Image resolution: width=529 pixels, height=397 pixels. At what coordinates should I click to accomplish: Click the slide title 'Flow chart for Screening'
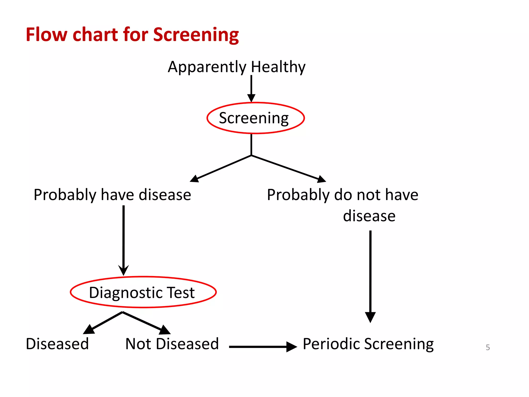tap(132, 35)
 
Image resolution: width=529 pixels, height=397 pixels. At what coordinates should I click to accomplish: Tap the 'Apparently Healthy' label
tap(236, 67)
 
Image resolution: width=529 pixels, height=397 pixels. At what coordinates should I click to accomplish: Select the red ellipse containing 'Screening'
tap(255, 118)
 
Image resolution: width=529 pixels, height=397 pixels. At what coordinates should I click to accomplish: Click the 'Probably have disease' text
tap(112, 195)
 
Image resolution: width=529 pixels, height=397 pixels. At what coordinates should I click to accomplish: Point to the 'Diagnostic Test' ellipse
tap(143, 292)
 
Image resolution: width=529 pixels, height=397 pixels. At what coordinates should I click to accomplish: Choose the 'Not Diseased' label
tap(172, 344)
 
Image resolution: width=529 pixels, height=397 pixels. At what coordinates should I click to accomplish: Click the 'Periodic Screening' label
tap(368, 344)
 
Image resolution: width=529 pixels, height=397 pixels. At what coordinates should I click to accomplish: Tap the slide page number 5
tap(488, 347)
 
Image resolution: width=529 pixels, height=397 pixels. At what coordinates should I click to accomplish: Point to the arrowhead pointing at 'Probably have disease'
tap(194, 179)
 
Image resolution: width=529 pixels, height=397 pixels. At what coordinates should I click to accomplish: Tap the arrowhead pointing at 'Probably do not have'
tap(322, 179)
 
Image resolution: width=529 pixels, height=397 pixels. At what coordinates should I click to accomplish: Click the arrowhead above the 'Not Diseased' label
tap(165, 330)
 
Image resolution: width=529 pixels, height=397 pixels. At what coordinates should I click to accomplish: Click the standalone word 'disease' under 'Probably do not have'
tap(369, 216)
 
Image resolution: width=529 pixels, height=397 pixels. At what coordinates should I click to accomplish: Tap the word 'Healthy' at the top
tap(278, 67)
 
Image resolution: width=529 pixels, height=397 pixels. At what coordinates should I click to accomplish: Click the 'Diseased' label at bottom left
tap(57, 344)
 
